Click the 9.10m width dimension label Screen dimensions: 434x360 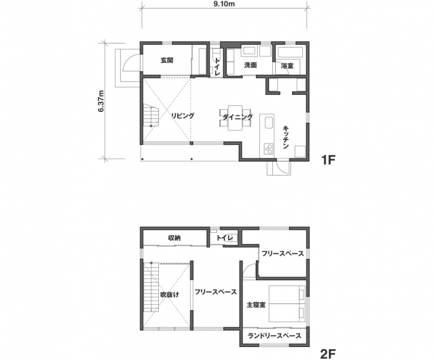(224, 4)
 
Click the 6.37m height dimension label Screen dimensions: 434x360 (101, 101)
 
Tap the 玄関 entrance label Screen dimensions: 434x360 (167, 60)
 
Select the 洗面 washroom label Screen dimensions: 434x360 (250, 65)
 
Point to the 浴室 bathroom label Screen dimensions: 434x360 (287, 66)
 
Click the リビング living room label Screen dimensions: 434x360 (182, 116)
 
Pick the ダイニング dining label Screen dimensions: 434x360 (238, 117)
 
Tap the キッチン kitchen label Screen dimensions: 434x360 (286, 137)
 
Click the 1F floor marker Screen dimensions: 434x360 (328, 160)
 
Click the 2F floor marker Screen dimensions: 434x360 (328, 354)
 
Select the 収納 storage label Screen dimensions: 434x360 (175, 238)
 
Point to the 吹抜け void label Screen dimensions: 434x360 (170, 294)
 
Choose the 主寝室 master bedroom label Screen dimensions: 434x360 (256, 305)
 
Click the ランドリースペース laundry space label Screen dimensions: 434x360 (274, 336)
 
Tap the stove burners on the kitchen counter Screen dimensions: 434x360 (268, 149)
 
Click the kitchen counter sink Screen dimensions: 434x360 (269, 123)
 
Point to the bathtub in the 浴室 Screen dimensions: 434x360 (290, 52)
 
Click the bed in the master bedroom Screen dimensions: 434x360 (287, 303)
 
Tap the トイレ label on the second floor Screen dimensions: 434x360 (224, 238)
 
